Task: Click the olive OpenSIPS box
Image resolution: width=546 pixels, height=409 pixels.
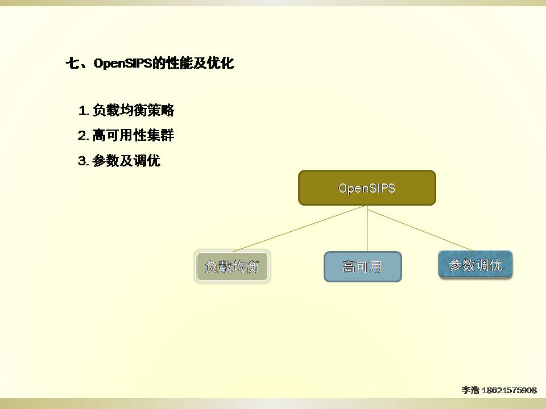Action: coord(367,188)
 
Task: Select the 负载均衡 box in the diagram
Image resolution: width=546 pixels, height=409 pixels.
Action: coord(232,266)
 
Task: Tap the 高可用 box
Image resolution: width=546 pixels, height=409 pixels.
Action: coord(362,267)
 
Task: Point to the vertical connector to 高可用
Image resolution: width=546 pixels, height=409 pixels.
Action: coord(367,228)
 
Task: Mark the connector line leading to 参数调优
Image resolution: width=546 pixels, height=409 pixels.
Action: coord(421,230)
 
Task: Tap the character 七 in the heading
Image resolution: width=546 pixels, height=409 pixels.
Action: coord(73,63)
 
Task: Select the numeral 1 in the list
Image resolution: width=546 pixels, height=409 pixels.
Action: coord(83,111)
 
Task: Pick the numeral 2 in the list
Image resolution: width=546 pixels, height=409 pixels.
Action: coord(83,135)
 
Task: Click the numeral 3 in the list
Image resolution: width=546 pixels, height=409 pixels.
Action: coord(83,161)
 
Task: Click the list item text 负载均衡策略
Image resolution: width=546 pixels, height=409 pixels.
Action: coord(133,110)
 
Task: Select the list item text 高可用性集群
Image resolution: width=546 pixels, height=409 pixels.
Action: coord(133,135)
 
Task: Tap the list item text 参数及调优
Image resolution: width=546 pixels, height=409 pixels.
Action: coord(126,160)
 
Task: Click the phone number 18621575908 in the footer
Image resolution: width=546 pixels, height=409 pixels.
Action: coord(509,390)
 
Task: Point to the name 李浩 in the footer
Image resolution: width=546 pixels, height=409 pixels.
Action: coord(471,390)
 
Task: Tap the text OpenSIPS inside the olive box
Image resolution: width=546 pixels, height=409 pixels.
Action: coord(367,188)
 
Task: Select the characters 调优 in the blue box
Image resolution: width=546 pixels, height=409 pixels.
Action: coord(489,265)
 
